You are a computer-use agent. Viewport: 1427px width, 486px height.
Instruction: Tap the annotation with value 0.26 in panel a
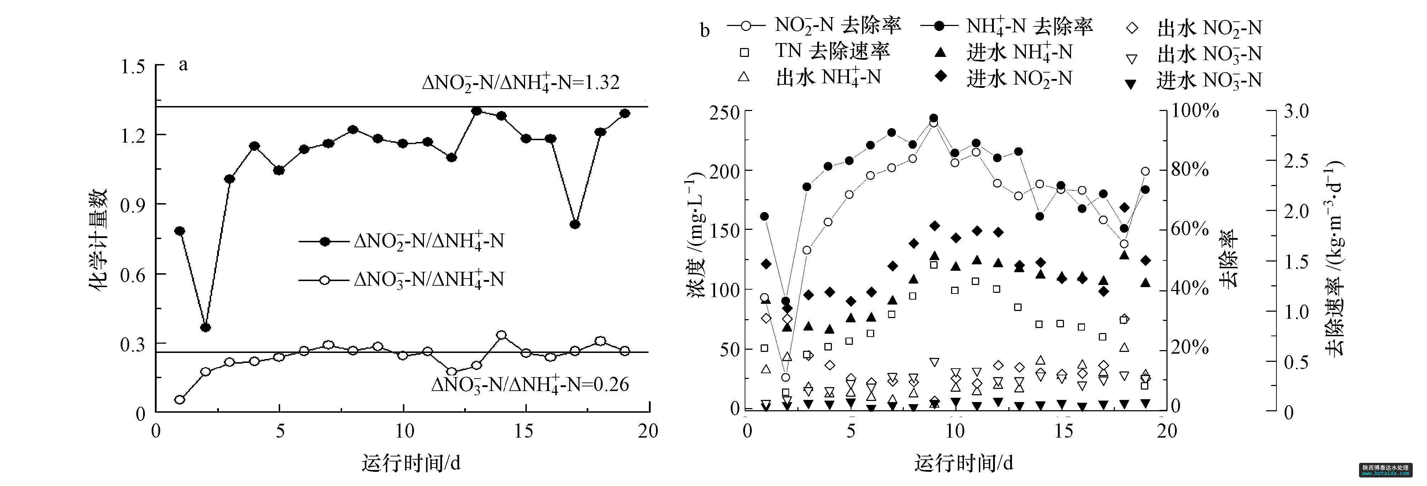530,384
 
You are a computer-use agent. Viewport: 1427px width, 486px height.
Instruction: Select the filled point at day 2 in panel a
205,328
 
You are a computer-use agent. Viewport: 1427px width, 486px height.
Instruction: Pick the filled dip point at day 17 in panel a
575,224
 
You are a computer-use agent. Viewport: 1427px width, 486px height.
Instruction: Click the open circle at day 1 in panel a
179,400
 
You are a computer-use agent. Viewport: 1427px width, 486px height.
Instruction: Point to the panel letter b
705,31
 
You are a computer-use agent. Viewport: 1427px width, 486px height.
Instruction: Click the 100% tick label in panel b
1195,111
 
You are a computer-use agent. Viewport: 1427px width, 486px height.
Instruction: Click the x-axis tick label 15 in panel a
524,431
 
